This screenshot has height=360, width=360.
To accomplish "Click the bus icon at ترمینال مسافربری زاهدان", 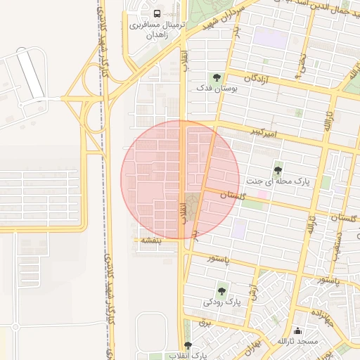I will point(156,13).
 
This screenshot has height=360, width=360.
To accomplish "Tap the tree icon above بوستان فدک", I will point(215,77).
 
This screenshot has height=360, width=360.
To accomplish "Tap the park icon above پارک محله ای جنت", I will point(278,169).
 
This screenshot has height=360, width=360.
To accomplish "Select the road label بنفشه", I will point(152,240).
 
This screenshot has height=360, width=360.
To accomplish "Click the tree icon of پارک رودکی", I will point(222,289).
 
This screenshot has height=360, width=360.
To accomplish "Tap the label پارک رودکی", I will point(222,302).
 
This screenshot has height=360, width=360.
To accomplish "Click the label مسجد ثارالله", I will point(297,342).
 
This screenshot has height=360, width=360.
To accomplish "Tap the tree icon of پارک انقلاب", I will point(187,345).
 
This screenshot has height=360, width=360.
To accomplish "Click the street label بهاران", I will point(254,345).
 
